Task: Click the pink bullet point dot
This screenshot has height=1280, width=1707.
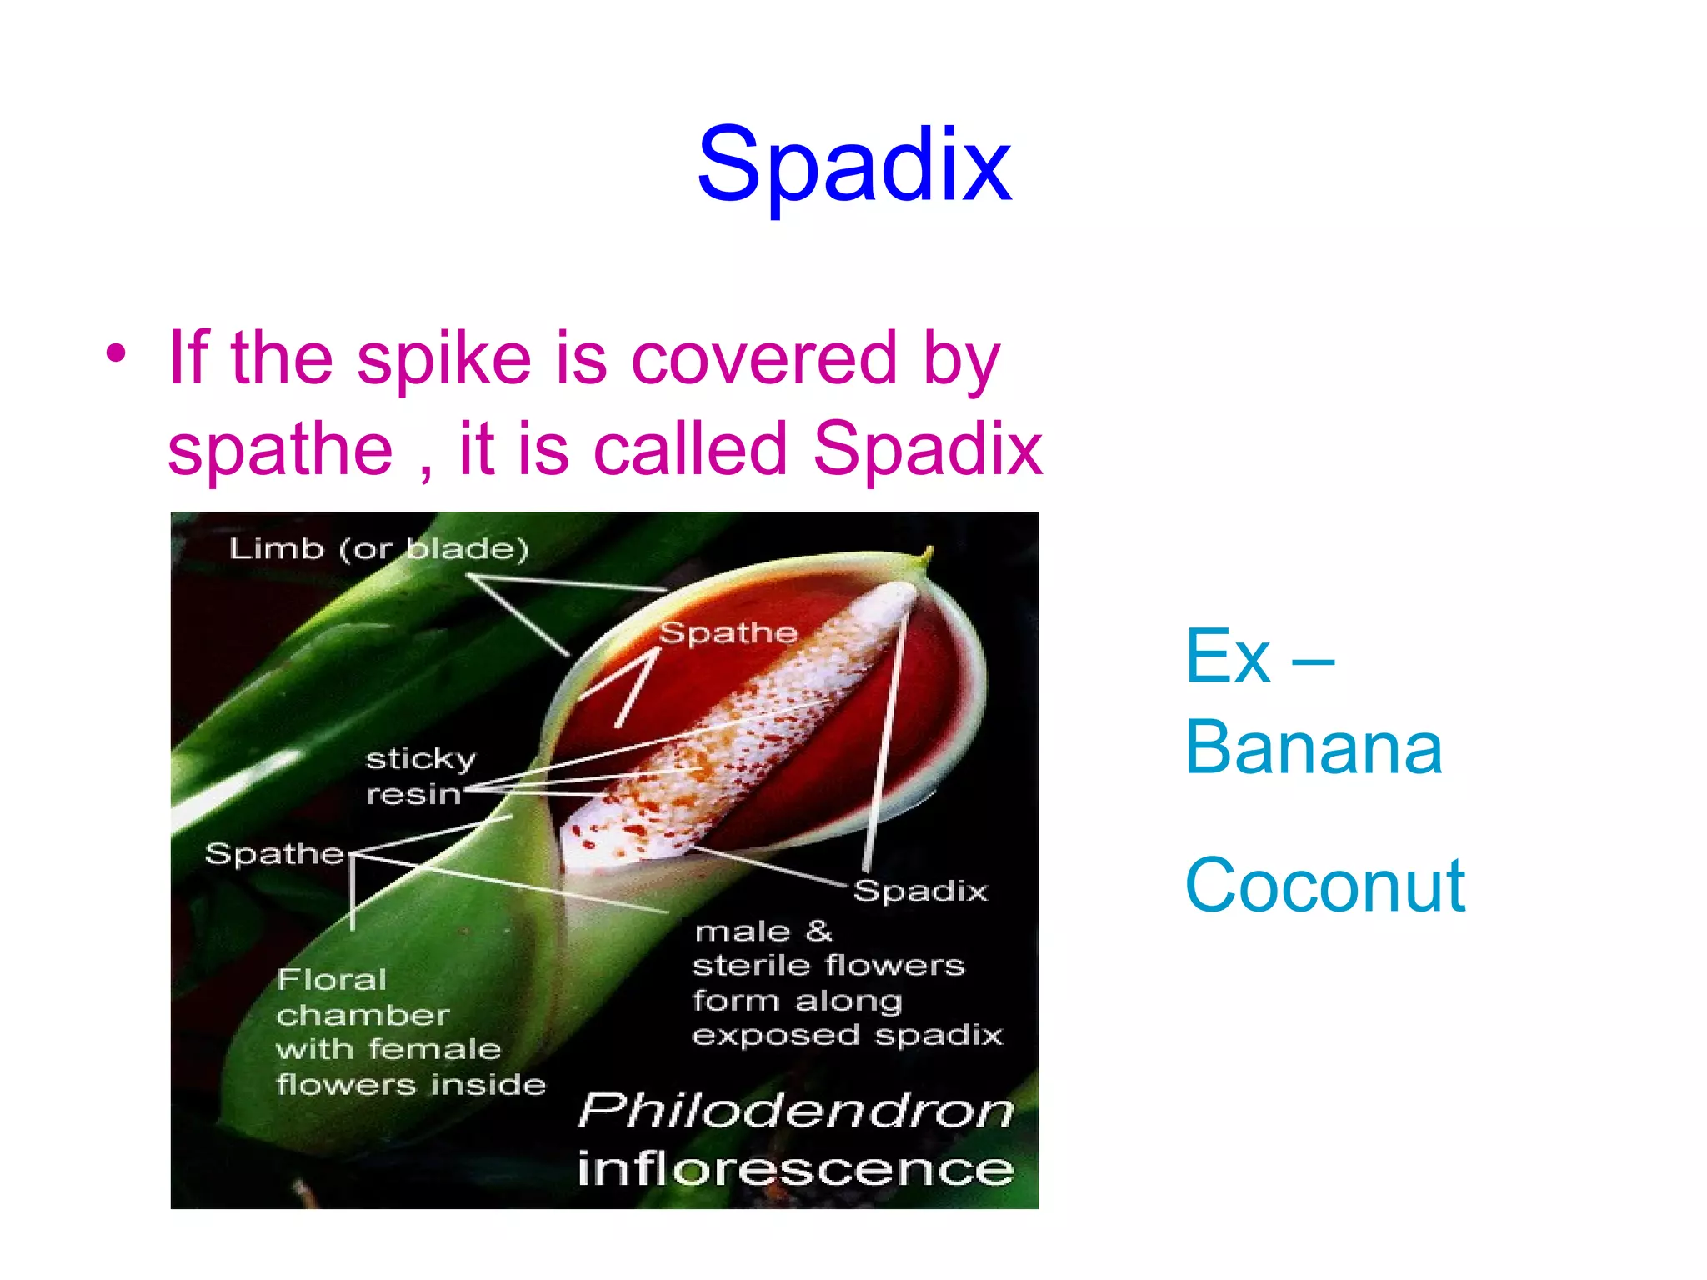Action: (x=116, y=354)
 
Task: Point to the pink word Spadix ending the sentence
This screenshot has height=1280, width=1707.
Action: (x=928, y=449)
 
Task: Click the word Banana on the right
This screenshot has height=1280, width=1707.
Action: (x=1314, y=747)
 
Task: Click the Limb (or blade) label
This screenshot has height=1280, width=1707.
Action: (x=379, y=549)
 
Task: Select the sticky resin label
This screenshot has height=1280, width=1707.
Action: (x=420, y=777)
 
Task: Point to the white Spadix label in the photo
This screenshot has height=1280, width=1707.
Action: (x=920, y=891)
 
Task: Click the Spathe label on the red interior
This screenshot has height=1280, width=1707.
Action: (x=728, y=633)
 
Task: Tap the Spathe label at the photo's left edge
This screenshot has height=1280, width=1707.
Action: (x=274, y=854)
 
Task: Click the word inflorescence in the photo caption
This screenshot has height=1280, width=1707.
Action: (x=796, y=1168)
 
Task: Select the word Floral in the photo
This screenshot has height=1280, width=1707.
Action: (x=332, y=979)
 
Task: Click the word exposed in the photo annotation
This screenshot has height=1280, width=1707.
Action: (x=776, y=1036)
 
